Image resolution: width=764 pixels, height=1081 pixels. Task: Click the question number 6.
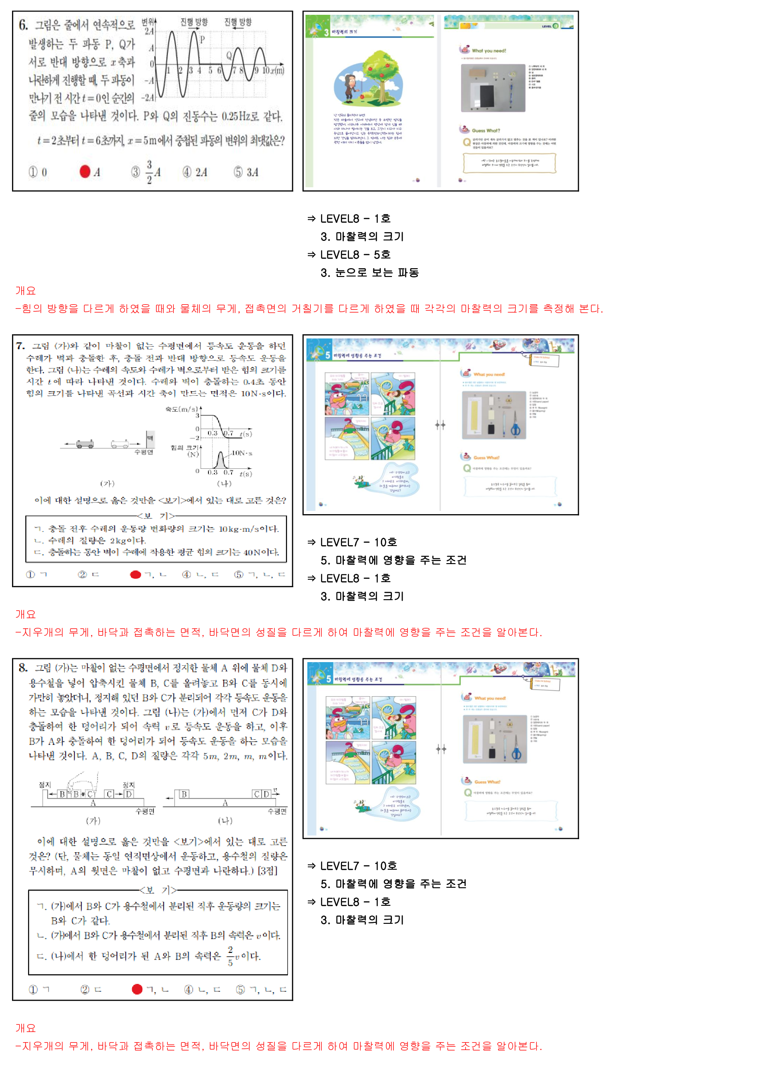(23, 25)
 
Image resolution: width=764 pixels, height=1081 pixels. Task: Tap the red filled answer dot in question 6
(85, 172)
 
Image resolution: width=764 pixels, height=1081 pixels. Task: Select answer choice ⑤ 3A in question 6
(246, 172)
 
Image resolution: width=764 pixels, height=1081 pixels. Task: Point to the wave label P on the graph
(202, 40)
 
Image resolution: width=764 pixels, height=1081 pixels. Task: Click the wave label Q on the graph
(229, 55)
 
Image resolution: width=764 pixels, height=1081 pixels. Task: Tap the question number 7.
(20, 346)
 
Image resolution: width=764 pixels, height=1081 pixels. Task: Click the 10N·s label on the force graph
(242, 453)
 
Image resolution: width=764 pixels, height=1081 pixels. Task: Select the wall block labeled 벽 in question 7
(150, 438)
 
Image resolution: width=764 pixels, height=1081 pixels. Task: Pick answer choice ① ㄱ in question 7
(37, 575)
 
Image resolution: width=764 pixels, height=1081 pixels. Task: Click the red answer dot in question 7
(135, 575)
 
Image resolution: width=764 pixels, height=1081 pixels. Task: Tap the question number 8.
(23, 668)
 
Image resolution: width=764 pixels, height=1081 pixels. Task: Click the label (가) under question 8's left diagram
(93, 821)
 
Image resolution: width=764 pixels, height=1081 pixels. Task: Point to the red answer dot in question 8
(137, 989)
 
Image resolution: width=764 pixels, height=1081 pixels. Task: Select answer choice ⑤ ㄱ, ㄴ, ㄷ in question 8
(261, 989)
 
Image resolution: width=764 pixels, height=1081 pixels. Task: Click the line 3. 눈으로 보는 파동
(370, 273)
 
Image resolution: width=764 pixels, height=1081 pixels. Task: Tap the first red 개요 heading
(25, 290)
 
